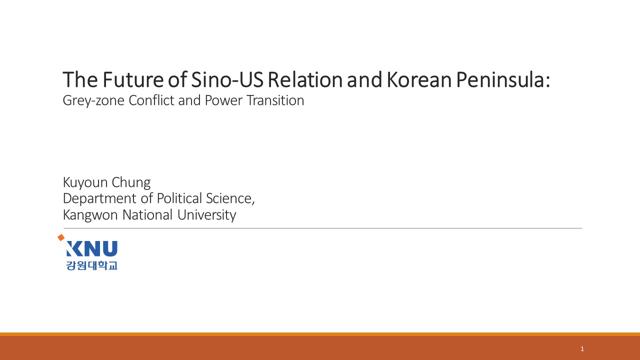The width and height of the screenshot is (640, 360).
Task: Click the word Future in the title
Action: (133, 79)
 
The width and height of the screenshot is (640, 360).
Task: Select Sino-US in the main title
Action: (227, 79)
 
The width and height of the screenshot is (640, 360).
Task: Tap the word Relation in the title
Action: (305, 79)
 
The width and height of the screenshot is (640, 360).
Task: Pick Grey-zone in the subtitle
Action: (93, 100)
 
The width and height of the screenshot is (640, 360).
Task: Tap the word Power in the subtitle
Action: (223, 100)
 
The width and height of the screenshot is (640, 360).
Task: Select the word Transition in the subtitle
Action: (275, 100)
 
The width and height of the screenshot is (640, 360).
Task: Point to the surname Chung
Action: (131, 182)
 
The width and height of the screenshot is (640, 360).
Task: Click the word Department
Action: (99, 198)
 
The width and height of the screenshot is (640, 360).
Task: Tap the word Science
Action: (230, 198)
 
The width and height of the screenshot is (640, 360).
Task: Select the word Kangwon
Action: (90, 215)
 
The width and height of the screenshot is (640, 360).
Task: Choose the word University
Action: (206, 215)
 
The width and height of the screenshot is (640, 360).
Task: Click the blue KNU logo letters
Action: (91, 248)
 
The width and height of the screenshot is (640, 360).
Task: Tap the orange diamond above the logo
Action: (61, 237)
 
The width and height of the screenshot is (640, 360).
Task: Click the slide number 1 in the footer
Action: (582, 348)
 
